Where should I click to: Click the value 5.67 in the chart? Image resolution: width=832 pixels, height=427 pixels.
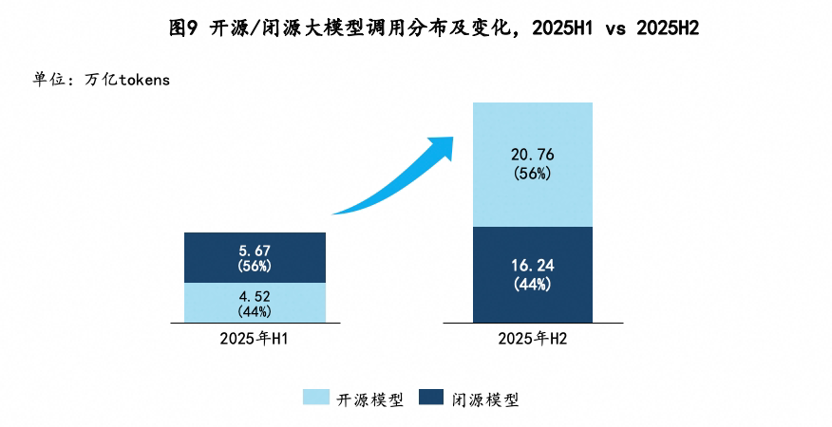coord(255,251)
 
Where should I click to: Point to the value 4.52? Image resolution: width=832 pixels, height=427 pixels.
coord(255,295)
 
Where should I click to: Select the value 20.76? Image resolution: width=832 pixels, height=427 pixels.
coord(533,157)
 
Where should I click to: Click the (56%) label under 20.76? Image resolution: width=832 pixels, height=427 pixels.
coord(533,174)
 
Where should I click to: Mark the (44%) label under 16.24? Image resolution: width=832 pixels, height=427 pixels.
coord(533,284)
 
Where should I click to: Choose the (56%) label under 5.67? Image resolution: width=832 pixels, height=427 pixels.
coord(255,267)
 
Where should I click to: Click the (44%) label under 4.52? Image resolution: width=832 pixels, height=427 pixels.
coord(255,310)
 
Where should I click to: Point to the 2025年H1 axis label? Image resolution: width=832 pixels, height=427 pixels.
coord(255,338)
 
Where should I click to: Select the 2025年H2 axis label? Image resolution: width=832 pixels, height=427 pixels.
coord(533,338)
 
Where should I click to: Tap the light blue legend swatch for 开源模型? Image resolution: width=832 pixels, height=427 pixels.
coord(316,399)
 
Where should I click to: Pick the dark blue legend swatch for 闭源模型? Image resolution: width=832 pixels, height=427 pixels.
coord(432,399)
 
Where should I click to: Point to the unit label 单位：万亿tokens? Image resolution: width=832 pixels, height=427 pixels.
coord(102,80)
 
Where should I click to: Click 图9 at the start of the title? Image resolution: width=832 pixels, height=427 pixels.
coord(181,28)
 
